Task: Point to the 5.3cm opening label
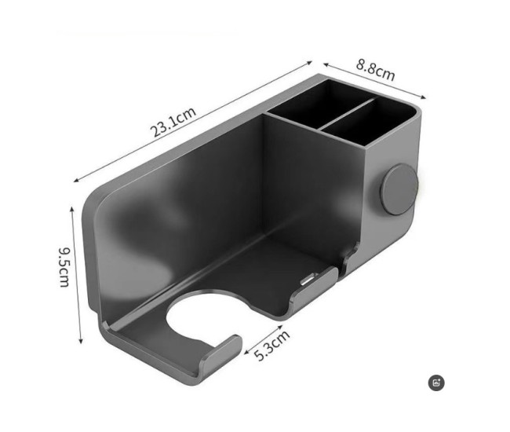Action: tap(272, 346)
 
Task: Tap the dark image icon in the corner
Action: tap(437, 383)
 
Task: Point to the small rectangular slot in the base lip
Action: tap(308, 279)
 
